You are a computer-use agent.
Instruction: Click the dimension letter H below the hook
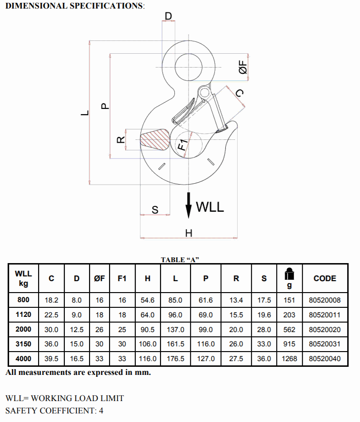point(189,233)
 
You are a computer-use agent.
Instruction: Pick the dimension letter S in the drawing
point(155,210)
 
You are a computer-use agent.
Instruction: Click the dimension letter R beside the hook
point(120,140)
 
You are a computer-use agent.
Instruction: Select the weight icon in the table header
point(289,274)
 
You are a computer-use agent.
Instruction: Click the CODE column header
point(325,278)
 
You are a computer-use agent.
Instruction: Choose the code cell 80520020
point(325,329)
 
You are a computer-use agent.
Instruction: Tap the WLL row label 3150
point(23,344)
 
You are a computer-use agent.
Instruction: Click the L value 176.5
point(175,359)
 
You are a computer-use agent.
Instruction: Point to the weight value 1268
point(289,359)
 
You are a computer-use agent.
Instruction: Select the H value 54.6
point(148,300)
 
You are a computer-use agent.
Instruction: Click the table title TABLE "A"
point(180,260)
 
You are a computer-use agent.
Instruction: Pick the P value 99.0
point(206,329)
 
